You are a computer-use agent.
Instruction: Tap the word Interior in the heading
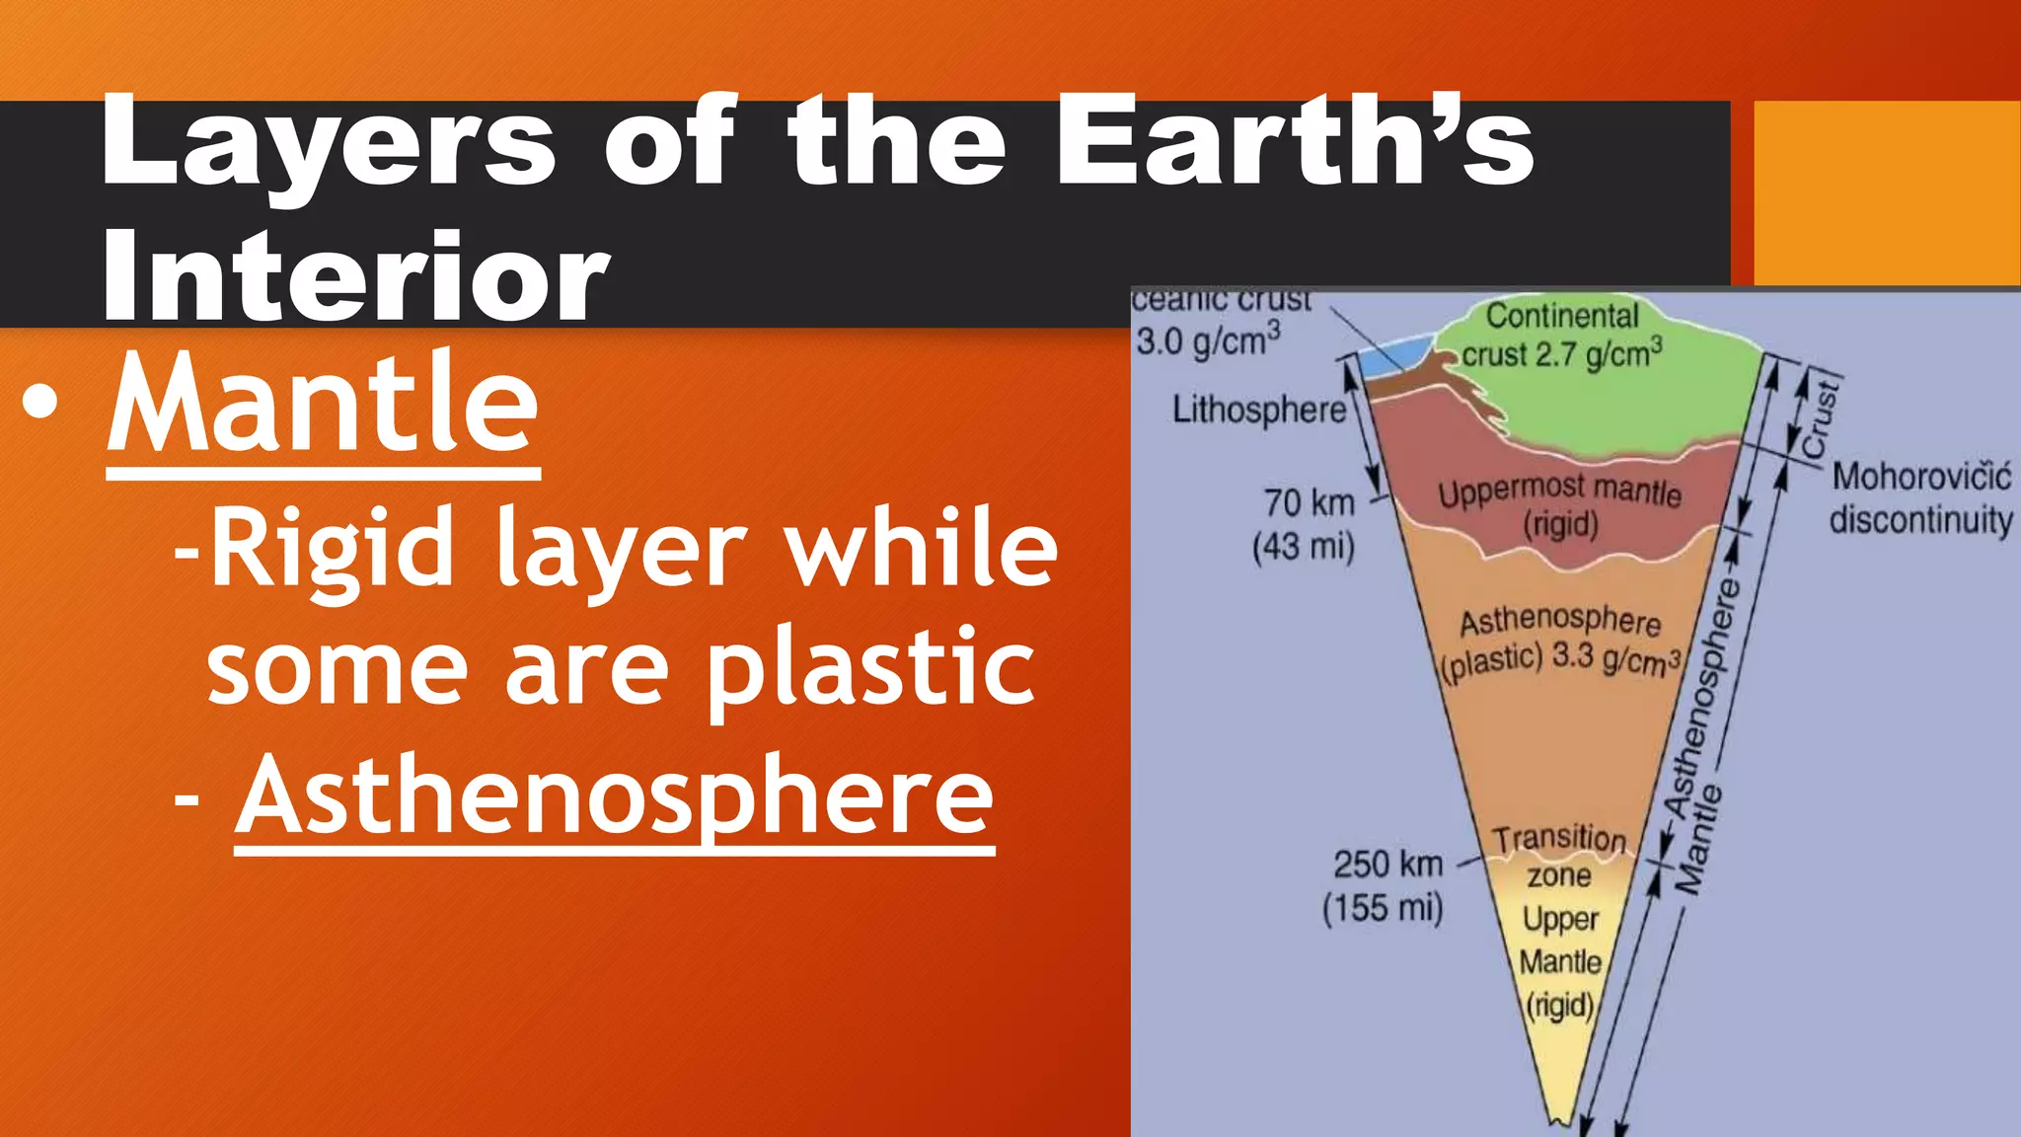(355, 276)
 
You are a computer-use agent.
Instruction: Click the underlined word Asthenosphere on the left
(614, 796)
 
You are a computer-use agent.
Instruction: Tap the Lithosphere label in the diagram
(1259, 409)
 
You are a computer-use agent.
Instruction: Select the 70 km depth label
(1309, 502)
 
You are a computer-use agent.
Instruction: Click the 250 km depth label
(1387, 865)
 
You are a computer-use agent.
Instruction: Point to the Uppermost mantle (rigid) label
(1559, 506)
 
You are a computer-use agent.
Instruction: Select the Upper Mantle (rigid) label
(1559, 961)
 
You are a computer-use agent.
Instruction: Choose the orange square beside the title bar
(1886, 192)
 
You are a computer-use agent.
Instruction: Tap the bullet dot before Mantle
(40, 404)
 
